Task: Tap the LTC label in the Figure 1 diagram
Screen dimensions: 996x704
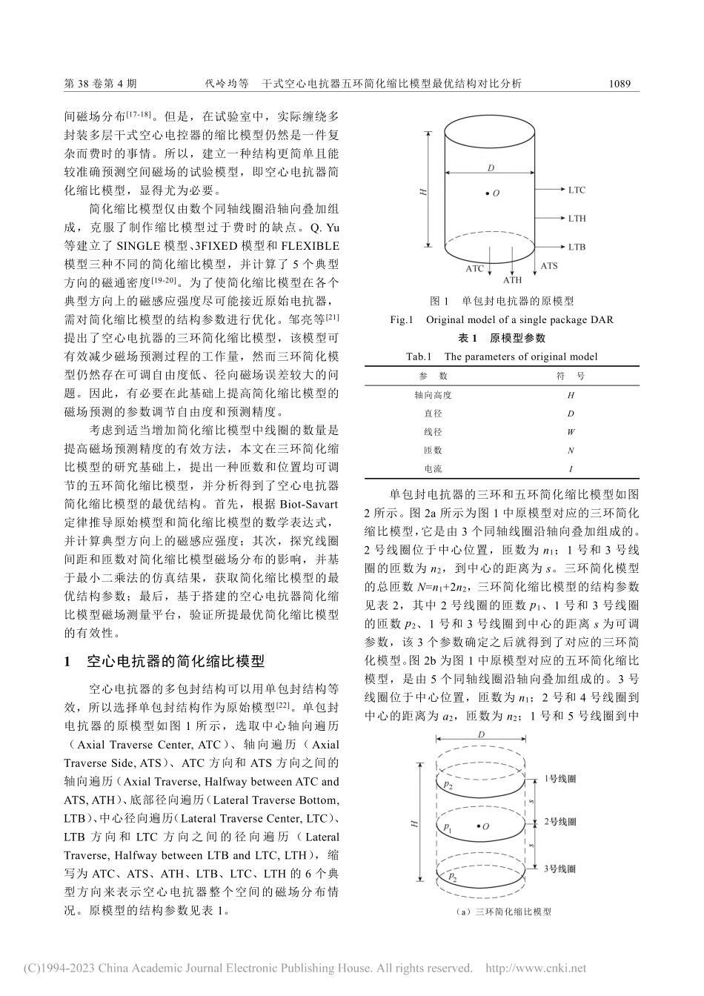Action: [x=577, y=190]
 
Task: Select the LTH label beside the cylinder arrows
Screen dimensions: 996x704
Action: [x=577, y=219]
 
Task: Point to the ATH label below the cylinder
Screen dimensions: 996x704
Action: [x=512, y=280]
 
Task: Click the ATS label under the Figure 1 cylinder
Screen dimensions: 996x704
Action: [x=549, y=265]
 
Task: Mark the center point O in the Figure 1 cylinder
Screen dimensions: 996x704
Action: [x=488, y=193]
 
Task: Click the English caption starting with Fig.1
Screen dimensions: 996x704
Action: [x=502, y=320]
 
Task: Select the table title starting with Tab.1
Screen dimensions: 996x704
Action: [x=502, y=356]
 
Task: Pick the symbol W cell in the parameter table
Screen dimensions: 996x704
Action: [x=571, y=432]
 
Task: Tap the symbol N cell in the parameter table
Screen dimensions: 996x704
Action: [x=571, y=451]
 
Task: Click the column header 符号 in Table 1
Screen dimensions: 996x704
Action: [x=571, y=376]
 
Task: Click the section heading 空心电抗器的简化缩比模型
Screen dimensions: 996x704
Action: [x=175, y=662]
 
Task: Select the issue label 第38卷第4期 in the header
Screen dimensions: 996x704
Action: [x=101, y=84]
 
